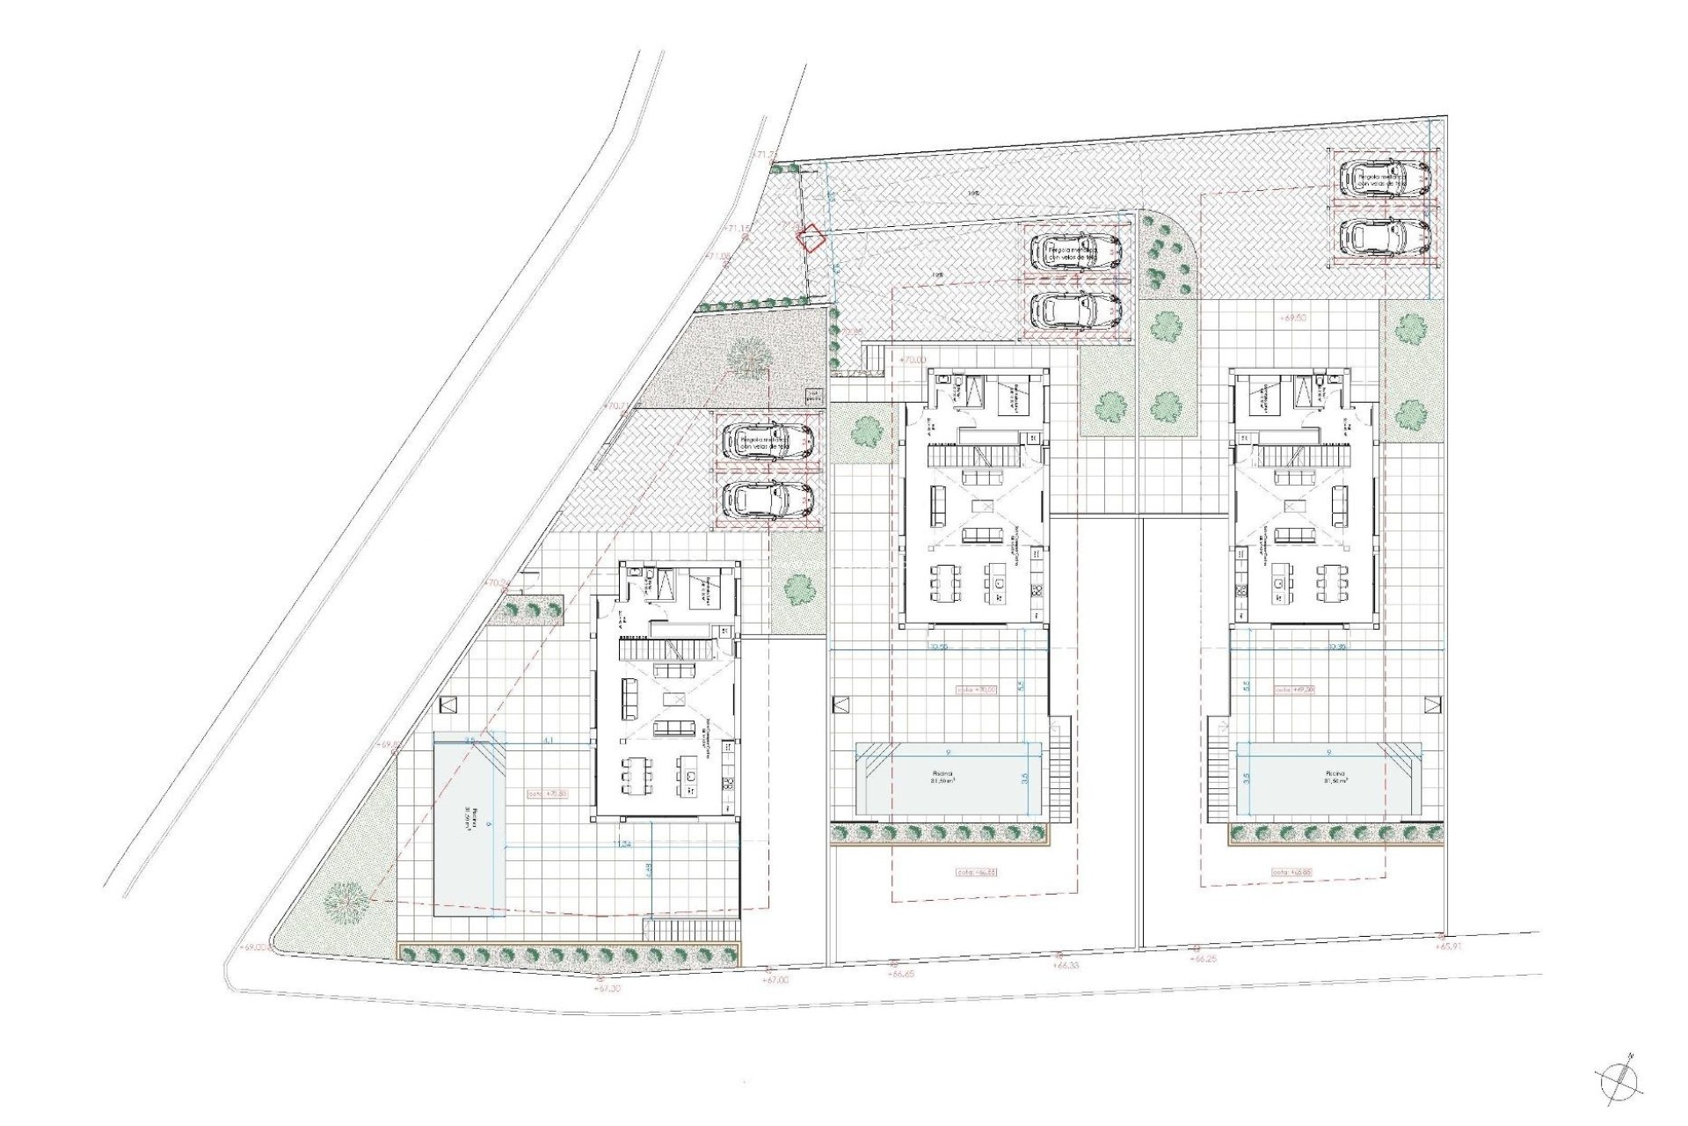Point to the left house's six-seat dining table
coord(637,775)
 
